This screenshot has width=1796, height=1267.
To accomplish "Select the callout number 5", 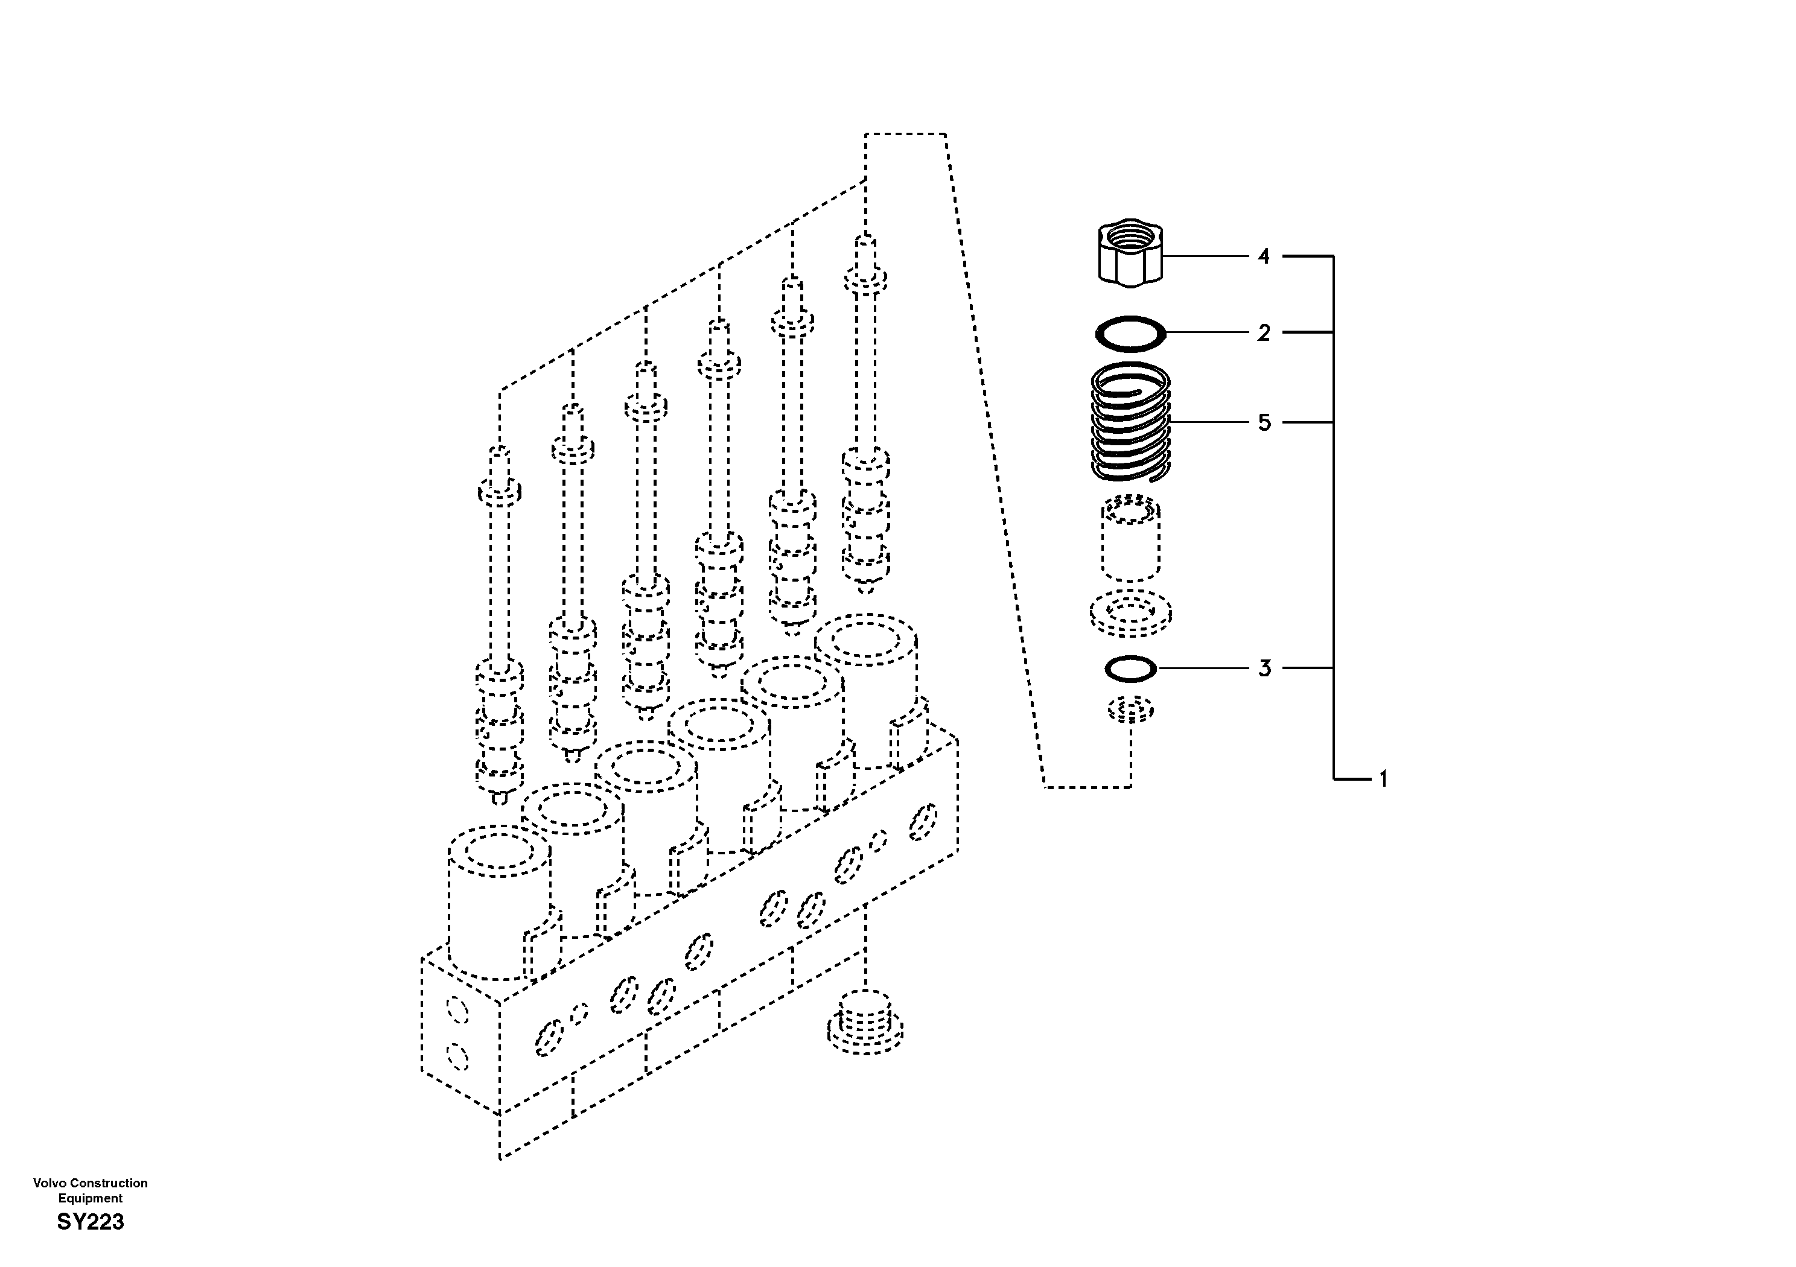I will click(x=1264, y=423).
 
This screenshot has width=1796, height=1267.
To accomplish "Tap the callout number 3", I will click(x=1264, y=668).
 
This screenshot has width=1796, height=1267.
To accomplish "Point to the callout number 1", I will click(x=1382, y=779).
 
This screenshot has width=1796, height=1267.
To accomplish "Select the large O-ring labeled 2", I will click(x=1130, y=334).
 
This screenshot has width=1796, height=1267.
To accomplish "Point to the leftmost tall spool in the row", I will click(x=499, y=626).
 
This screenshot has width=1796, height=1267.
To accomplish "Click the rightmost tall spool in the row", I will click(x=865, y=414).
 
